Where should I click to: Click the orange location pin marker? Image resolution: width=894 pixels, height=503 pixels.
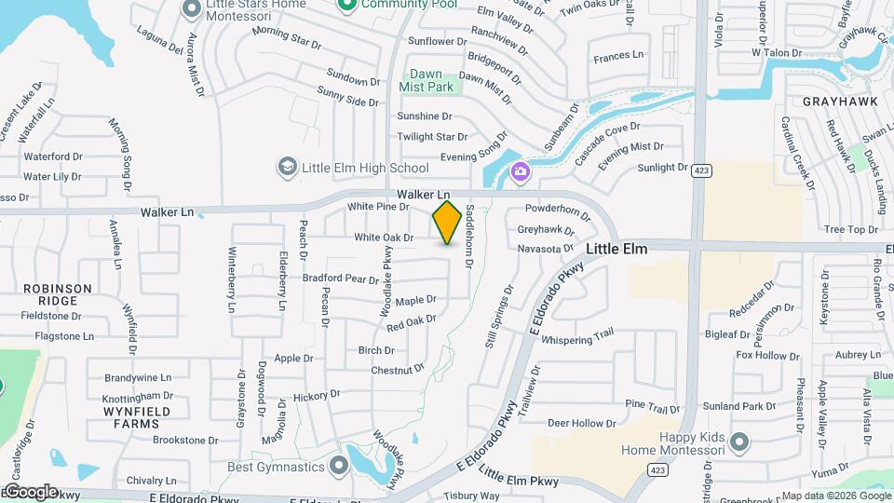447,223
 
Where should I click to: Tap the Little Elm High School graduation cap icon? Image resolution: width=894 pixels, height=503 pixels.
288,168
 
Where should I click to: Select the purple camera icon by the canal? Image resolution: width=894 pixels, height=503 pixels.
520,170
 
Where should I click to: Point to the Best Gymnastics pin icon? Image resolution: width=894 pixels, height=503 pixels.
340,466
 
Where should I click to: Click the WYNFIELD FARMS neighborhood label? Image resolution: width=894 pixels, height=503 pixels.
131,416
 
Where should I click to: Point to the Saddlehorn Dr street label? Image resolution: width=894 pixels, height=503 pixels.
469,238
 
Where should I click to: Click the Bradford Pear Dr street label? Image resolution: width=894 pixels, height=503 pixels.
341,278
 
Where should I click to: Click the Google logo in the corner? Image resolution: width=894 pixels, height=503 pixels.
30,492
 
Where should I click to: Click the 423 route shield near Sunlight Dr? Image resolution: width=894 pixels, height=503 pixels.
703,170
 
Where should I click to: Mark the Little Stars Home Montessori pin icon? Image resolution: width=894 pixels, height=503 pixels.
193,8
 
